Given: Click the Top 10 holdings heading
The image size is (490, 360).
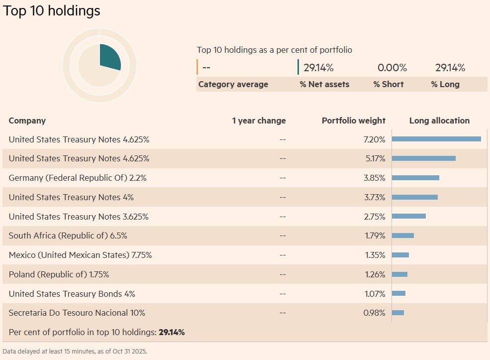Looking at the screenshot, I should [x=52, y=11].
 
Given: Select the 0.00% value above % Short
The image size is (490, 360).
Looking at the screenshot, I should [x=392, y=68].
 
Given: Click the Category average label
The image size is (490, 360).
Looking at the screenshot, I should [x=233, y=84].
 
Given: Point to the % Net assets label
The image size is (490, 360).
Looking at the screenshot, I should [x=324, y=84].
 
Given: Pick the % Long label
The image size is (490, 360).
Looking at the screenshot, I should [x=445, y=84].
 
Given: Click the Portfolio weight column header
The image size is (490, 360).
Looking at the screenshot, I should [x=353, y=120].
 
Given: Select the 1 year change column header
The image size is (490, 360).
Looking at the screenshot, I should [x=259, y=120].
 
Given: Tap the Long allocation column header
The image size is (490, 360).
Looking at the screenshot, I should [x=439, y=120].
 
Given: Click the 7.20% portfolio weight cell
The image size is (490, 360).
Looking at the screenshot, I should [x=375, y=139].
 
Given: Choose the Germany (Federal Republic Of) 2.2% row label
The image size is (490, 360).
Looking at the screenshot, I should [x=78, y=178].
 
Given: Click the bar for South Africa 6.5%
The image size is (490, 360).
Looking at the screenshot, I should [x=403, y=236].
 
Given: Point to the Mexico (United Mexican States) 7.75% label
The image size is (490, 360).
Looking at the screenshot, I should [x=80, y=255].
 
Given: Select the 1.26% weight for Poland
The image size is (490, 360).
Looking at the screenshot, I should [x=375, y=274].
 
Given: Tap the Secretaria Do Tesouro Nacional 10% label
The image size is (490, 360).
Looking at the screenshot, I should [x=77, y=313].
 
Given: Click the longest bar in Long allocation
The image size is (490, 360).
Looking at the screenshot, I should [x=436, y=139].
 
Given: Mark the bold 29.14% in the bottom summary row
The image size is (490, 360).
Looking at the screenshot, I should [x=172, y=332].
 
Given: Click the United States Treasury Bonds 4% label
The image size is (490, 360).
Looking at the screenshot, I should [x=72, y=294].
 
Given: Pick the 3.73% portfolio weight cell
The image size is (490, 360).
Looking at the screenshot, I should [x=375, y=197].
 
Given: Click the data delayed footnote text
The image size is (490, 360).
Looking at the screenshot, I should [x=75, y=351].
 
